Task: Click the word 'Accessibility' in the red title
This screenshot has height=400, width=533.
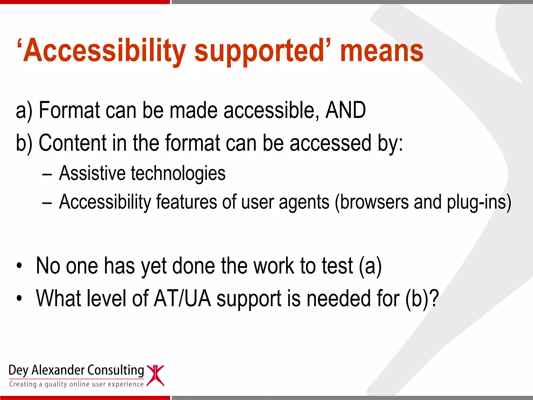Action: (x=104, y=51)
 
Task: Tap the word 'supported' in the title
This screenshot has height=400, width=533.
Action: (x=259, y=51)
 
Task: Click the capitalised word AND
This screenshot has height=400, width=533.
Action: (x=346, y=110)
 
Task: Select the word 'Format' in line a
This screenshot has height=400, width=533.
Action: (x=69, y=110)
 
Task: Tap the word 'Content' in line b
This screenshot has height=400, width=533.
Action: (x=73, y=143)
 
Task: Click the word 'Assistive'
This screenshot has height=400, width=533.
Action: (x=92, y=173)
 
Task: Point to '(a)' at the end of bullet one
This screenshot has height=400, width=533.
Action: (x=370, y=266)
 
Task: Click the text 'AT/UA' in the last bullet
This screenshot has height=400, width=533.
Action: (x=182, y=298)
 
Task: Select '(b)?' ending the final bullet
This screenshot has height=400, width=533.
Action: (x=422, y=299)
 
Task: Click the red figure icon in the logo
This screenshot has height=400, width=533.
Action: (x=155, y=375)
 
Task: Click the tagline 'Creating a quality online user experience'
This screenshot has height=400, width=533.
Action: (x=76, y=384)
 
